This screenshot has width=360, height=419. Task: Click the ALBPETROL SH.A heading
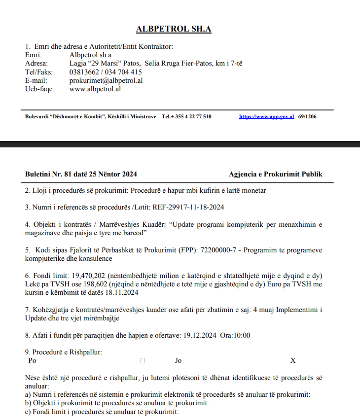click(x=174, y=29)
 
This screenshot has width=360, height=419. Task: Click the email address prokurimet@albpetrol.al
click(x=106, y=80)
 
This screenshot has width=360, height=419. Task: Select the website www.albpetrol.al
click(x=95, y=89)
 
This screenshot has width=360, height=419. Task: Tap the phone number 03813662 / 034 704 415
click(x=106, y=72)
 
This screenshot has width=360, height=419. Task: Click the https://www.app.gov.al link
click(x=266, y=116)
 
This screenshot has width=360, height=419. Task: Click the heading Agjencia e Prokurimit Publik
click(x=276, y=174)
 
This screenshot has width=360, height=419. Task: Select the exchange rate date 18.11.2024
click(x=122, y=293)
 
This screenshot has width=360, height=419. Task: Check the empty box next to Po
click(x=143, y=360)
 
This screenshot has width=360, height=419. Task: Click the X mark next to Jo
click(x=292, y=360)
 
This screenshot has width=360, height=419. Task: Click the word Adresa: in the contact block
click(x=36, y=63)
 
